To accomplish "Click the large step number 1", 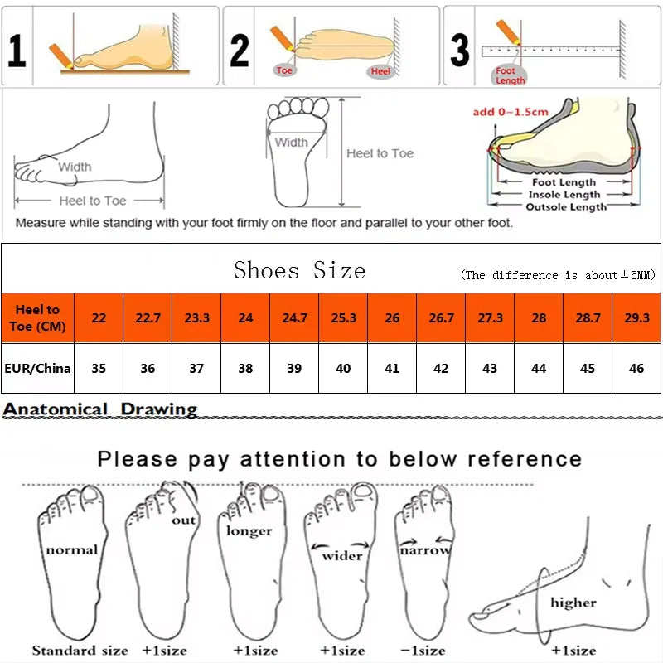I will point(17,50).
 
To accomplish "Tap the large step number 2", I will point(240,50).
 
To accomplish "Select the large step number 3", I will point(460,50).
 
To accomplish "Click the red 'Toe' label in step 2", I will point(285,70).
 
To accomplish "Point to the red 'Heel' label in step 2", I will point(380,72).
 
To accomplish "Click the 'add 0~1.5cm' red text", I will point(511,112).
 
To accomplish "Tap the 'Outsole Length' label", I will point(566,206).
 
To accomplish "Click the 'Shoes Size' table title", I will point(299,270).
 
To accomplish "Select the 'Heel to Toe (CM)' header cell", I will point(37,317).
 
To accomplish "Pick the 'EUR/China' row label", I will point(37,368).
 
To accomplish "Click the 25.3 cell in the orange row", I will point(343,317).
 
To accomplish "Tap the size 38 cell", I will point(245,368).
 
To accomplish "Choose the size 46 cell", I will point(636,368).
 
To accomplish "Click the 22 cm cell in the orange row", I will point(99,317).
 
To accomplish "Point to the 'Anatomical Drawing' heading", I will point(100,409).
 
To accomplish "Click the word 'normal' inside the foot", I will point(71,549).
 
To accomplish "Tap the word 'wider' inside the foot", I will point(342,555).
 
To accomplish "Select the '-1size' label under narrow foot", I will point(423,651).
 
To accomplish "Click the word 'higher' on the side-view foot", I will point(573,603).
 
